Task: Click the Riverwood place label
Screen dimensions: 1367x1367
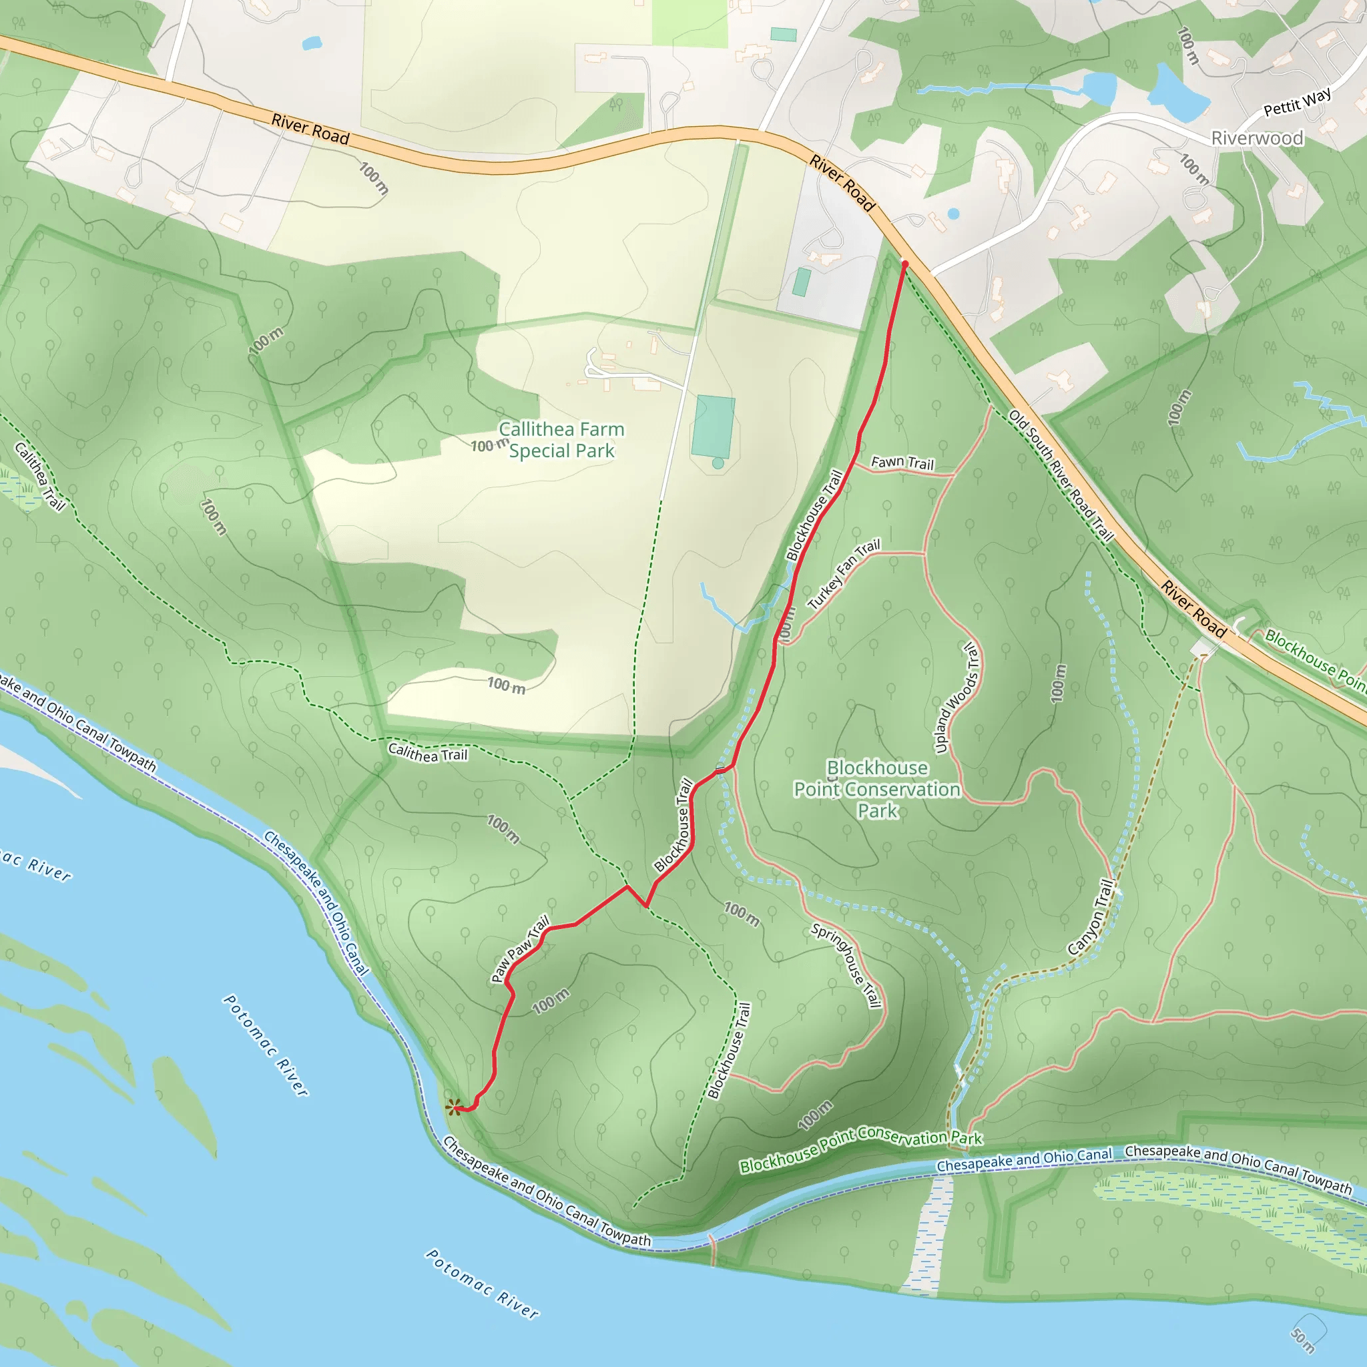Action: click(x=1257, y=138)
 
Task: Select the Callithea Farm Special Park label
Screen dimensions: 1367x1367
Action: click(x=561, y=440)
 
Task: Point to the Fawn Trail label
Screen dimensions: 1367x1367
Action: click(x=902, y=463)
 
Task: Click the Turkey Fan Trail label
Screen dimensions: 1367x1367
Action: click(x=844, y=574)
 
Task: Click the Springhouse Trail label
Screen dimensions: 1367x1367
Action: click(x=846, y=965)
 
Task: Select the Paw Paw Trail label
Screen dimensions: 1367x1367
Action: click(x=520, y=950)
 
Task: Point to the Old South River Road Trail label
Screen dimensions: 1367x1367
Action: click(x=1061, y=475)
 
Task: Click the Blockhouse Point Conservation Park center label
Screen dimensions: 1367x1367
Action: click(x=877, y=789)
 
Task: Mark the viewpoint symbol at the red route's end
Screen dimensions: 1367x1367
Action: click(x=453, y=1107)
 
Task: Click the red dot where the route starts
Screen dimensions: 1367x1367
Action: click(x=904, y=264)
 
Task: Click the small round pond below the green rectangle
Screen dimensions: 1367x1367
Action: click(x=718, y=463)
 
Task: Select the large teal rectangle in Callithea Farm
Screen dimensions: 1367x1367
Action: click(x=714, y=427)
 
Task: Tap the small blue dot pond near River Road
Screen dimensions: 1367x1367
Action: click(x=953, y=213)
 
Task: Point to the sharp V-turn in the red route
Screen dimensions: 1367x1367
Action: click(x=645, y=906)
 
